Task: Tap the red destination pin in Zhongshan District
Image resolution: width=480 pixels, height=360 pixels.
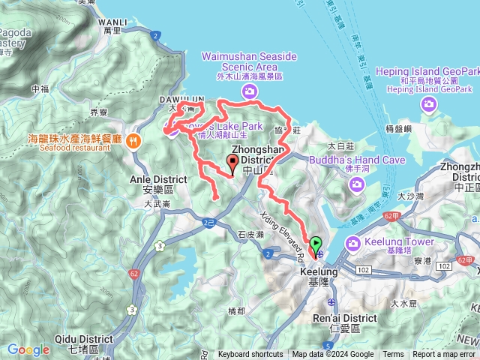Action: coord(232,161)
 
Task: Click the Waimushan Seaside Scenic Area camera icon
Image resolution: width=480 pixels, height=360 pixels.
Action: coord(249,91)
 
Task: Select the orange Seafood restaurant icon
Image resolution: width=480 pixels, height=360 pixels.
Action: coord(133,139)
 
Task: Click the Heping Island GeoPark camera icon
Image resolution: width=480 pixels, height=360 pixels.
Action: coord(430,105)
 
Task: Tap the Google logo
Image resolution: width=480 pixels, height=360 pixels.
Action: coord(28,349)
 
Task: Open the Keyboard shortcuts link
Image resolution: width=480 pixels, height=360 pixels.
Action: coord(251,355)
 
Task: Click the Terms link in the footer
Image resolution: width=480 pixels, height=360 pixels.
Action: coord(393,355)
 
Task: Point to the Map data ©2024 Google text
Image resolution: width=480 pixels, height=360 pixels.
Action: coord(333,355)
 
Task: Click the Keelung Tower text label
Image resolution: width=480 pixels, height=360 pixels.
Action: coord(400,242)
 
